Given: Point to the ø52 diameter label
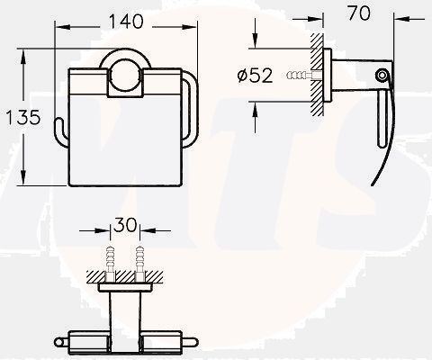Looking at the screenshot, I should [255, 77].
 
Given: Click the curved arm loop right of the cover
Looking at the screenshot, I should [192, 108].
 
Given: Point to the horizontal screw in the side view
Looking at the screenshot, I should [301, 76].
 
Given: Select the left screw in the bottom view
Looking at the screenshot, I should [111, 260].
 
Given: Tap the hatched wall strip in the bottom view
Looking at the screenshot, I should [125, 274].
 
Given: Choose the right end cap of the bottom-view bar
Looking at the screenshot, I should [191, 341].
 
